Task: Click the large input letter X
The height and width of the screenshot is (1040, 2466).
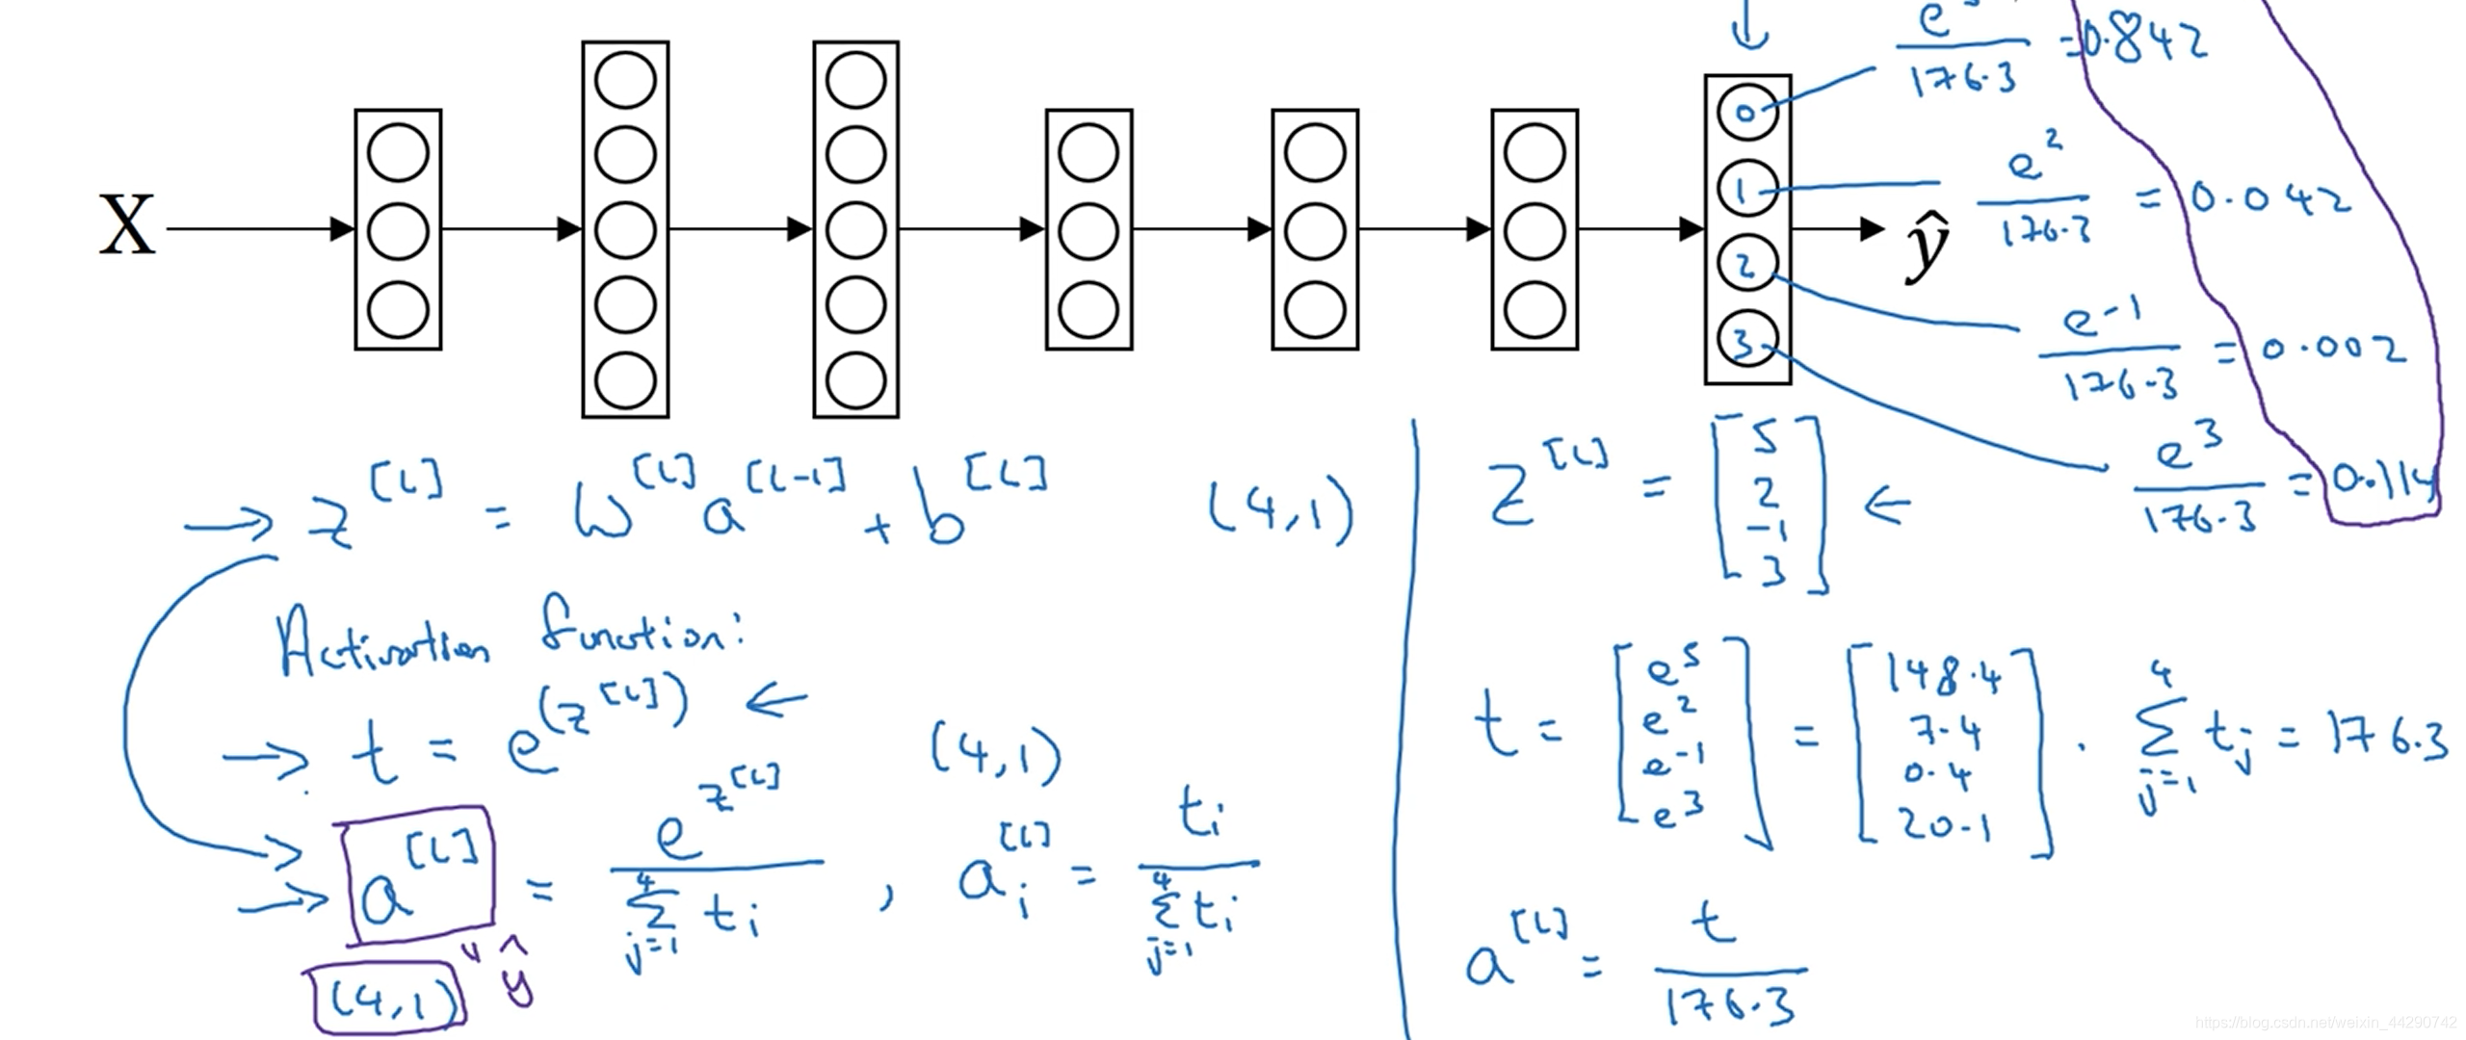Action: [127, 225]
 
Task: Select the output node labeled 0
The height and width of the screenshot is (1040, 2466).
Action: [1746, 112]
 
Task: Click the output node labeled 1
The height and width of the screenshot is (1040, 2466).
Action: [1746, 189]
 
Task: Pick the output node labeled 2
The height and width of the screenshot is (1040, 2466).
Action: [1746, 265]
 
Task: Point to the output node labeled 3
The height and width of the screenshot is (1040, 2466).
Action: [1746, 340]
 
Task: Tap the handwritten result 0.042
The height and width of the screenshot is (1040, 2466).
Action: [2269, 200]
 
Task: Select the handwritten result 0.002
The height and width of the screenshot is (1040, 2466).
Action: [2331, 349]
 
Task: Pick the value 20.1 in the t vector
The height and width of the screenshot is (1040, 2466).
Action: [1946, 824]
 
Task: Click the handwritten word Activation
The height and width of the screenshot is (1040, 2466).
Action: [381, 643]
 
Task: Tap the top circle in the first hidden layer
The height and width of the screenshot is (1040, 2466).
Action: [398, 153]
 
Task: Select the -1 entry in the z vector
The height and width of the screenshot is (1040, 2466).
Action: [1766, 530]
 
